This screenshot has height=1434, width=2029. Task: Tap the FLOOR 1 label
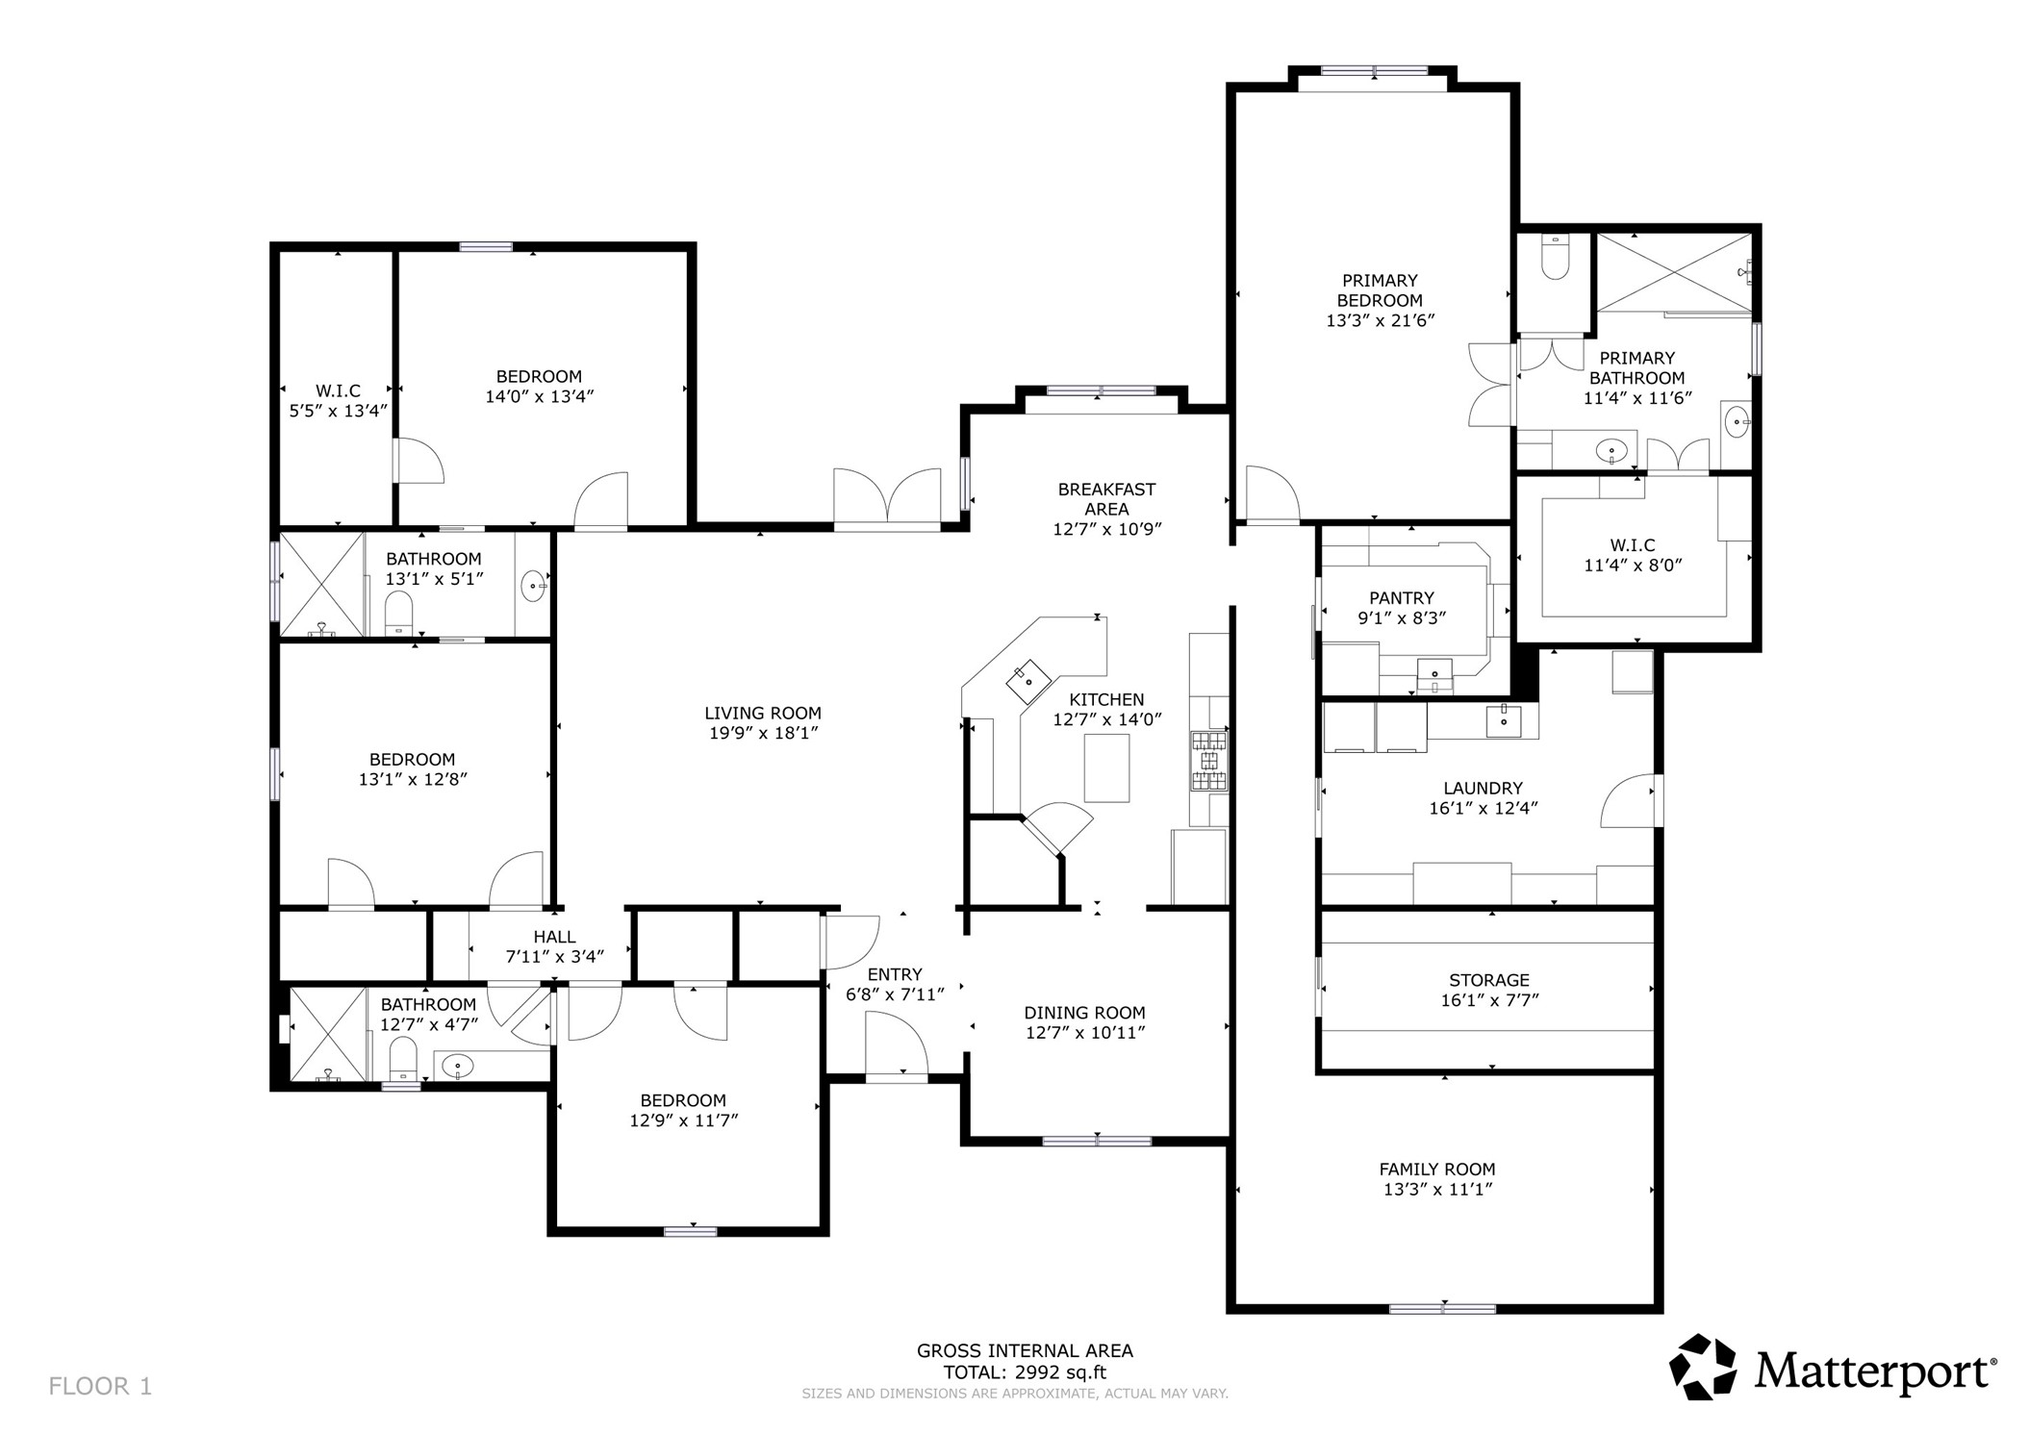100,1386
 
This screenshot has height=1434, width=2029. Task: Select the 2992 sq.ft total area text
1025,1372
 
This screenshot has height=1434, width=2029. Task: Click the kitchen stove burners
1210,761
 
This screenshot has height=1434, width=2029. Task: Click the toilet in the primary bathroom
1554,257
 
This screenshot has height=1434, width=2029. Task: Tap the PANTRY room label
1402,598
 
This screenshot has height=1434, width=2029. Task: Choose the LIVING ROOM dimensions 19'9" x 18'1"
763,733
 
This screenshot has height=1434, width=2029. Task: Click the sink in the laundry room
1503,720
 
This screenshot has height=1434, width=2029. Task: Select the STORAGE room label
1488,980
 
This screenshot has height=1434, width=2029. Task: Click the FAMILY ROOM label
1436,1170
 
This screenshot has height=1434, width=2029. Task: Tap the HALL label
554,937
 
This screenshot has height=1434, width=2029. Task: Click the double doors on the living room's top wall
886,500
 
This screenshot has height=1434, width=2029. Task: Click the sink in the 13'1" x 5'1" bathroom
533,585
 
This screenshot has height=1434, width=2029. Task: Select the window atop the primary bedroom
1373,70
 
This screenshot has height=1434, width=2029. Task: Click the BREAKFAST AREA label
1106,498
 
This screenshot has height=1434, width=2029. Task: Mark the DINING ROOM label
1084,1013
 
